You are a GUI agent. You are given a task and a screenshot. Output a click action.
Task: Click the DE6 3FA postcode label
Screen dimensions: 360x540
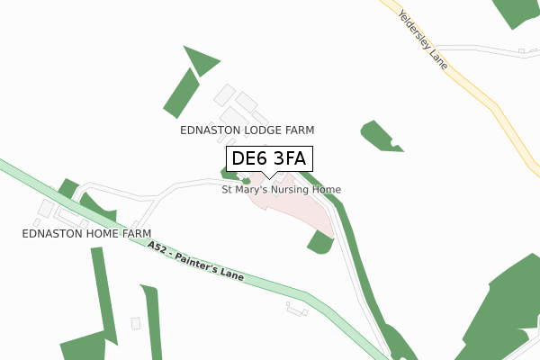[x=269, y=159]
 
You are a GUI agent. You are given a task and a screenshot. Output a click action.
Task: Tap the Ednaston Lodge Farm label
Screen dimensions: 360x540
[x=247, y=130]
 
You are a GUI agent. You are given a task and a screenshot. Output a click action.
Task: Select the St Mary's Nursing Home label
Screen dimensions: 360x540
[x=282, y=190]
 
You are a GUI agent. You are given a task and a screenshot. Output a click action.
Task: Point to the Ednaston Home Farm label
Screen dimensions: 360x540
[x=86, y=234]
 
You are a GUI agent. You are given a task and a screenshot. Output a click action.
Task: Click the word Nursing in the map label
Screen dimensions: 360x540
[x=289, y=190]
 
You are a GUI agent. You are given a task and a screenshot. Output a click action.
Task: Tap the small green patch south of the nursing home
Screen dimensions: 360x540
[x=319, y=242]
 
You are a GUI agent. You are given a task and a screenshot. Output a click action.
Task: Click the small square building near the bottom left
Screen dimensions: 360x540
[x=136, y=323]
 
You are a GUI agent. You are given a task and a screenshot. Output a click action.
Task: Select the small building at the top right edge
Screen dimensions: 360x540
[x=521, y=51]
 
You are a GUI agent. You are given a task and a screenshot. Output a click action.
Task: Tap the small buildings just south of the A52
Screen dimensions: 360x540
[x=295, y=310]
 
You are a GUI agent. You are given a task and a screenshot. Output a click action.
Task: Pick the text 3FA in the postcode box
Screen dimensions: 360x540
[x=290, y=159]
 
